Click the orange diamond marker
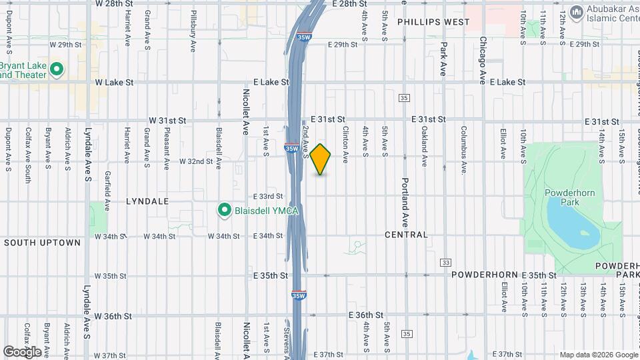coord(321,159)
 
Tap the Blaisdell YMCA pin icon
coord(225,210)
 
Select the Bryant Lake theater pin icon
coord(57,69)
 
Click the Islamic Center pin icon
coord(576,13)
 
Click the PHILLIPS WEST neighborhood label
coord(433,22)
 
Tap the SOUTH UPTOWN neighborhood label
coord(42,243)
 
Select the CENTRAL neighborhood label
coord(406,235)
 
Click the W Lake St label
coord(114,83)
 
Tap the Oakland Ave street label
coord(424,147)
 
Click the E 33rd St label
coord(268,196)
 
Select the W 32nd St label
coord(196,161)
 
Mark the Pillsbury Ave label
coord(193,31)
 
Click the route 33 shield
coord(445,262)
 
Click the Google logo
coord(22,351)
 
